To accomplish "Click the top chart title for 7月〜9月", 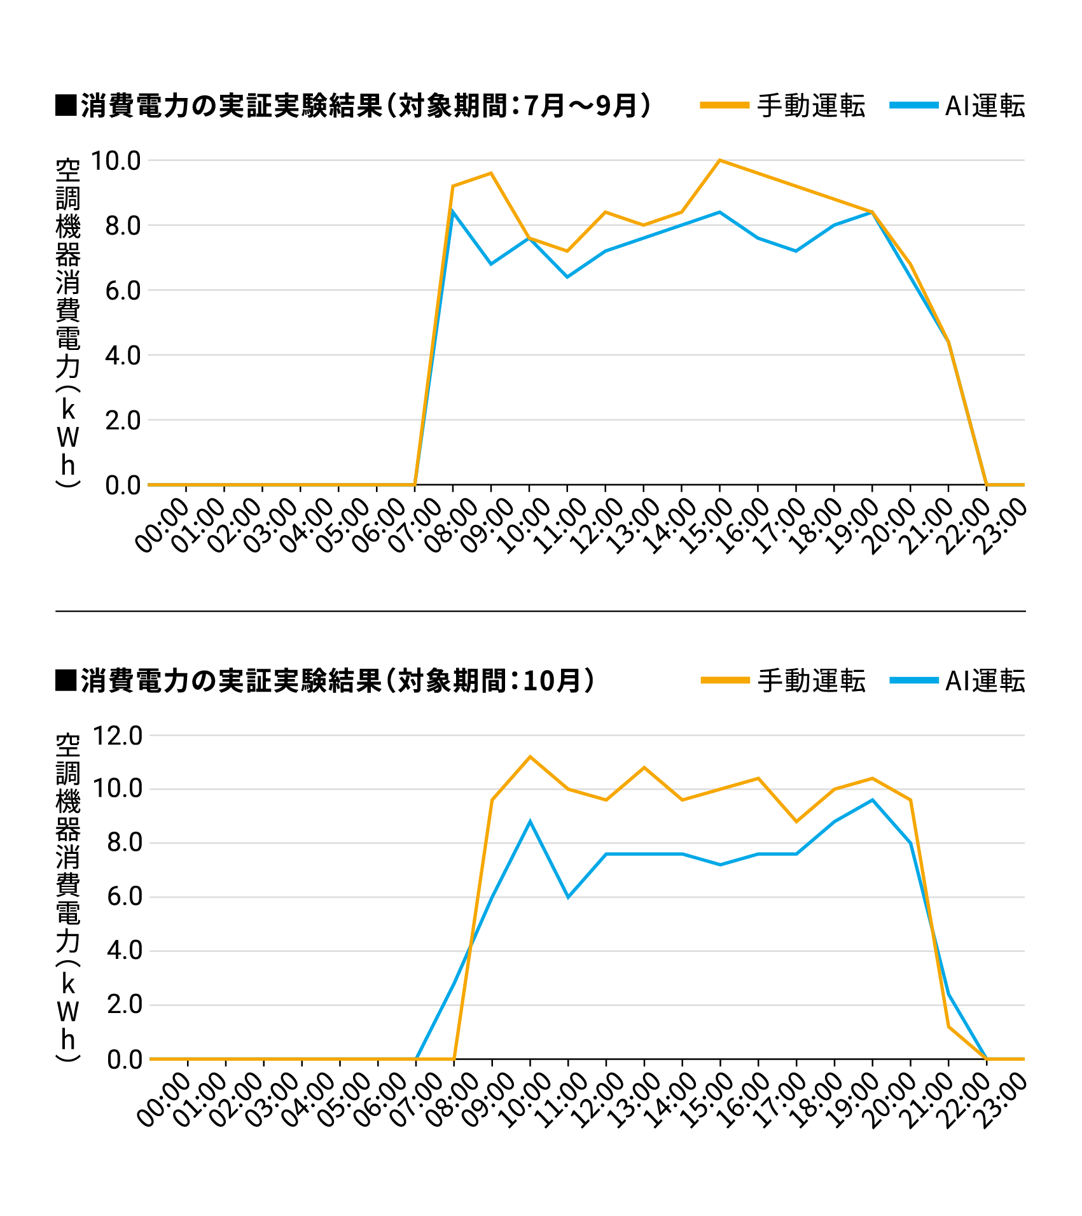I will pyautogui.click(x=354, y=106).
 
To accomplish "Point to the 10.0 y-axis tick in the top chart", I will pyautogui.click(x=116, y=161).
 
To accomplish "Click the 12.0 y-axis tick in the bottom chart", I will pyautogui.click(x=118, y=736).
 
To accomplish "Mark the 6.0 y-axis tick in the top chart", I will pyautogui.click(x=123, y=291).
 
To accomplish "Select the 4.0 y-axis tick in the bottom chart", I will pyautogui.click(x=125, y=951).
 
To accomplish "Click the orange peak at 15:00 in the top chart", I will pyautogui.click(x=719, y=160).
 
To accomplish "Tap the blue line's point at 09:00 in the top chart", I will pyautogui.click(x=491, y=264).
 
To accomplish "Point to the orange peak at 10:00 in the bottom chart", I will pyautogui.click(x=530, y=757).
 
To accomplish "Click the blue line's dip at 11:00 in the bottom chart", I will pyautogui.click(x=568, y=897).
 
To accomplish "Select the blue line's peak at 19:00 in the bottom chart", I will pyautogui.click(x=872, y=800).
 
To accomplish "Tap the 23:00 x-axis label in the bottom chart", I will pyautogui.click(x=1003, y=1100).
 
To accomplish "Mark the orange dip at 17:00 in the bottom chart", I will pyautogui.click(x=796, y=821).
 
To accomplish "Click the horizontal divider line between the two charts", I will pyautogui.click(x=541, y=611).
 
